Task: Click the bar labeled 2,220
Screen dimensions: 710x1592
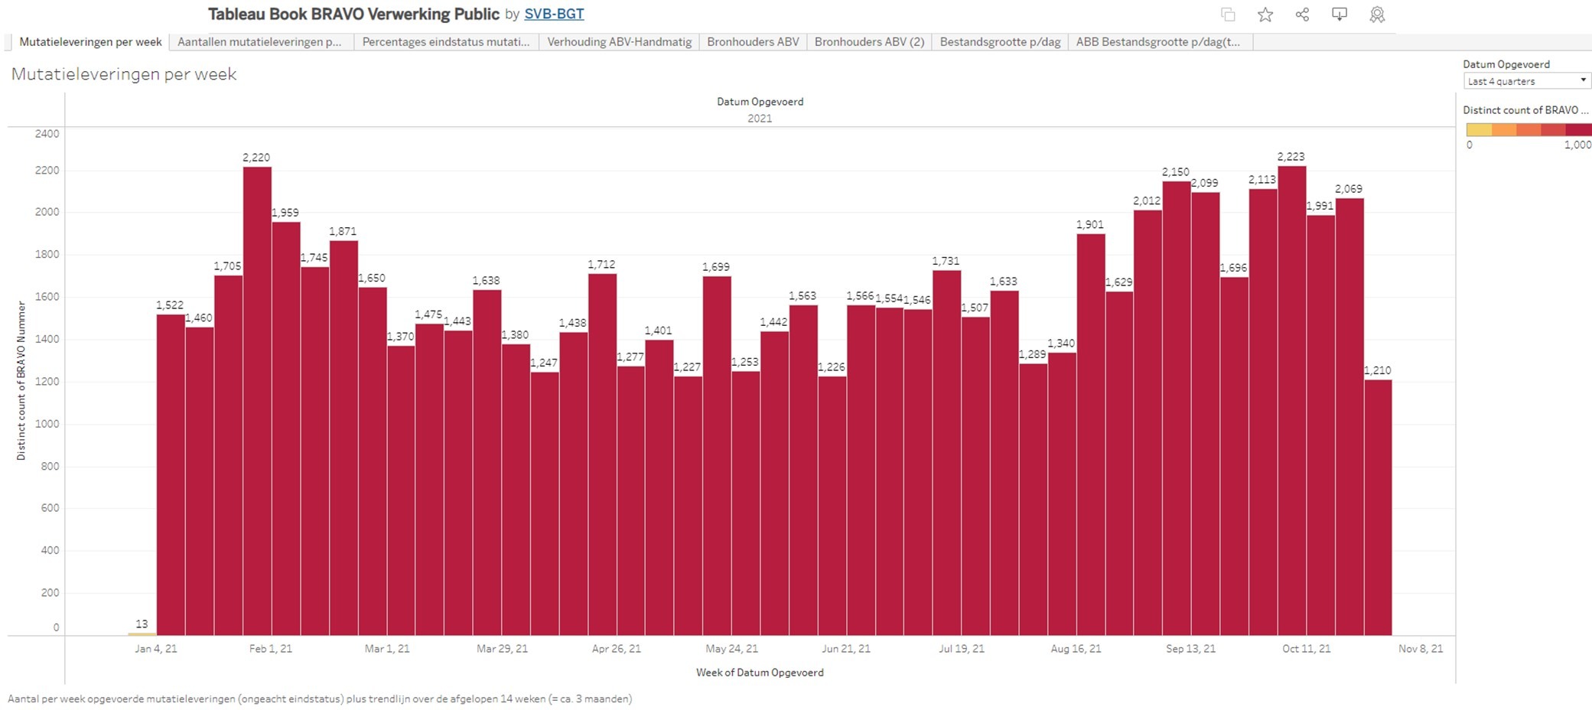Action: [257, 398]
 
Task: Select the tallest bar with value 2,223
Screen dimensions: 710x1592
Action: [1291, 398]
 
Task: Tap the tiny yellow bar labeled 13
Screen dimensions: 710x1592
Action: [142, 633]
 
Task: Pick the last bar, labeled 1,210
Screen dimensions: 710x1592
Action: [1378, 505]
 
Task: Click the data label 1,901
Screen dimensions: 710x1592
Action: [1089, 224]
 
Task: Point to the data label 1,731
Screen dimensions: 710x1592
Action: [946, 261]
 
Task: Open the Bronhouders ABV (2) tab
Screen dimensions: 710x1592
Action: [869, 42]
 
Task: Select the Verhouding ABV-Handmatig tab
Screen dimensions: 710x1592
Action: [619, 42]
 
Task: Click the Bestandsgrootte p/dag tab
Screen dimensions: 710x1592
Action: [1000, 42]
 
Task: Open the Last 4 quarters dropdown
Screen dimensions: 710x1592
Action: [1527, 81]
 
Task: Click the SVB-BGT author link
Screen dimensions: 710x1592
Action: [554, 14]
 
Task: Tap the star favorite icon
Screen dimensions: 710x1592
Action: [1265, 15]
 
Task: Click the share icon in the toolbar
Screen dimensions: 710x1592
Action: [1302, 15]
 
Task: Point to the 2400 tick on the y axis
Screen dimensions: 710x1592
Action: [47, 134]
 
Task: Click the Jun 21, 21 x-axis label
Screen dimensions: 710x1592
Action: [846, 649]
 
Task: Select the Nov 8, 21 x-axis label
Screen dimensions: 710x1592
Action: [1421, 649]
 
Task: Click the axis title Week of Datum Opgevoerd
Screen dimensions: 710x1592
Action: [760, 673]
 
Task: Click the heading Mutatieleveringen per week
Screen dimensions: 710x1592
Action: [124, 74]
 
